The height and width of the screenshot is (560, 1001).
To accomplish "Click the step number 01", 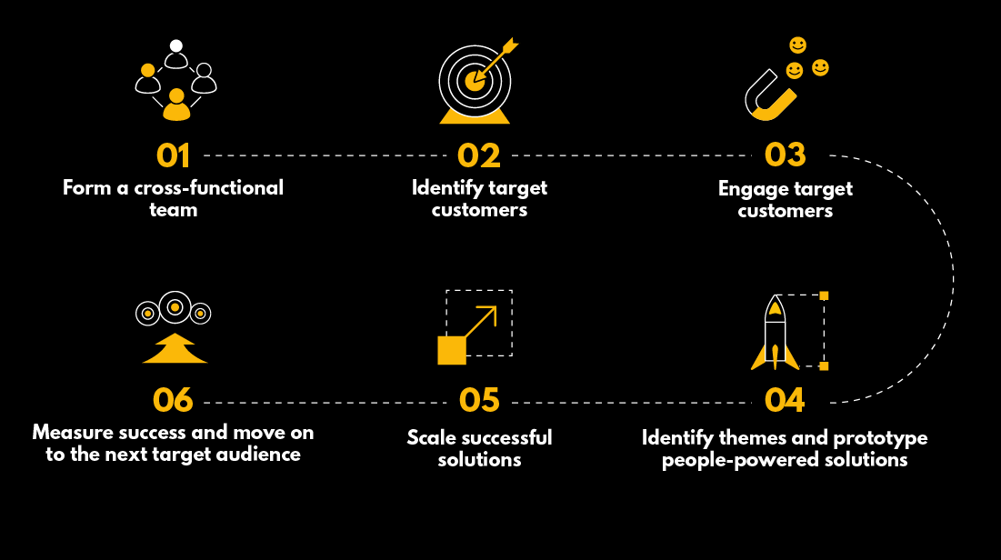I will click(x=173, y=155).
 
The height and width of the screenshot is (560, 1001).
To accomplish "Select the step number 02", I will click(x=479, y=155).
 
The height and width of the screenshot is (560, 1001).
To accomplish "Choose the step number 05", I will click(x=479, y=400).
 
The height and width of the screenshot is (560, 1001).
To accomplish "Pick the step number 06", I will click(x=173, y=400).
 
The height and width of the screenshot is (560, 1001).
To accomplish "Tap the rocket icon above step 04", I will click(x=775, y=334).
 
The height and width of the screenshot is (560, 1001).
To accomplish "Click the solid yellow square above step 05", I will click(x=452, y=350).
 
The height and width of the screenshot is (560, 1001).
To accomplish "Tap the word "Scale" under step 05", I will click(x=431, y=437).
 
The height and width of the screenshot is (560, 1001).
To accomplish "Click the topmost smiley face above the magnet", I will click(x=797, y=45).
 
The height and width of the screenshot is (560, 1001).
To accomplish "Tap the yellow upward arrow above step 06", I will click(x=175, y=349).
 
